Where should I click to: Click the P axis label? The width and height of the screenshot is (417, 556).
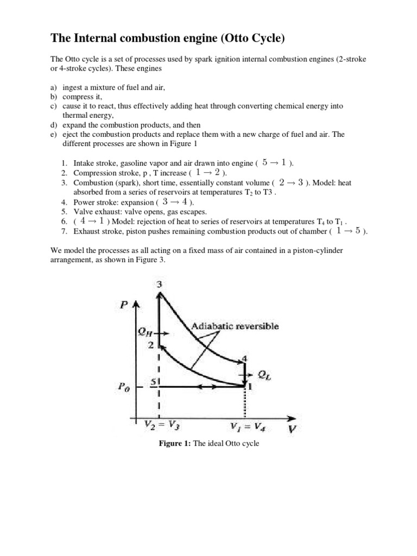click(x=124, y=305)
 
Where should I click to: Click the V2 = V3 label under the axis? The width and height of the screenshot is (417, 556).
click(x=161, y=425)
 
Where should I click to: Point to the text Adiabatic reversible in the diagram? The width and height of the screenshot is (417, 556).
click(x=236, y=326)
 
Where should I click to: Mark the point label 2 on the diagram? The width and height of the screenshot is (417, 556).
click(x=152, y=345)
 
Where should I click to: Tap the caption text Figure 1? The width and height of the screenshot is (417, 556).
click(x=174, y=444)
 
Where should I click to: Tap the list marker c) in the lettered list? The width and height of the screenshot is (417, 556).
click(x=54, y=106)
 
